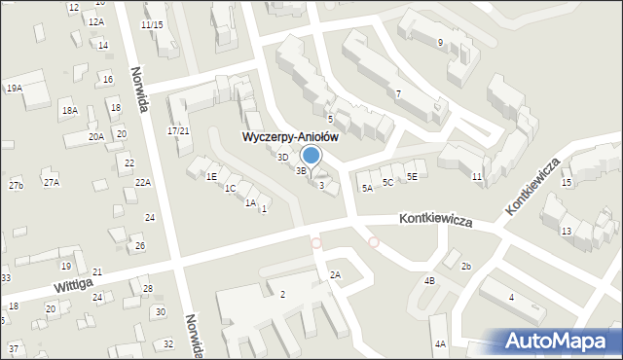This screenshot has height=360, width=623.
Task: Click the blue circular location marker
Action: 311,155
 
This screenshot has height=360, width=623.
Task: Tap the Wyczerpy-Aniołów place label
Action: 290,137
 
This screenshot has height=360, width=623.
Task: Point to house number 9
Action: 440,42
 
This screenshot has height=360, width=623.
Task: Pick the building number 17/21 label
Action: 178,130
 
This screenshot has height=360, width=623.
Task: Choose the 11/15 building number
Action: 152,24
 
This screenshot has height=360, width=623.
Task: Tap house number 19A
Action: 14,88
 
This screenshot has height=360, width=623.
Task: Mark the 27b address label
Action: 16,185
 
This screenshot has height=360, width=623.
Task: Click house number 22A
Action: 143,182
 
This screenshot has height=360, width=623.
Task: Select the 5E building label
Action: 412,176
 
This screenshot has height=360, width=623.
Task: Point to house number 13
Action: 566,231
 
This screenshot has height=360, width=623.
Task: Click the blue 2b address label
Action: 466,266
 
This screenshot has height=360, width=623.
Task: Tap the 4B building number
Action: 429,280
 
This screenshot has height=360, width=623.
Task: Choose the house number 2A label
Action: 335,275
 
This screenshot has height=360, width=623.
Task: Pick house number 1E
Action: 211,176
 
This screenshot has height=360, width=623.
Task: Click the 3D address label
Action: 282,157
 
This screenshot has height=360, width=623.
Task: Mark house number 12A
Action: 95,21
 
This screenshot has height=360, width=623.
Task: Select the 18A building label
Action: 69,111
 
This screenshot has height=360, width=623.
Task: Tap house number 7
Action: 398,93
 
